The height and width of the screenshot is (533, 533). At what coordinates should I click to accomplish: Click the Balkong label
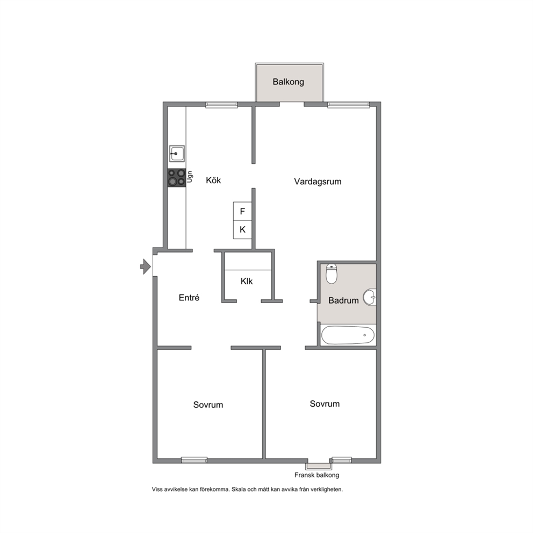pyautogui.click(x=288, y=82)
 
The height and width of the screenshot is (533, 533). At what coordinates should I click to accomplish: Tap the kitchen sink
pyautogui.click(x=177, y=154)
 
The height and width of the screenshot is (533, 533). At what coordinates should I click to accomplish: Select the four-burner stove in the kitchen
pyautogui.click(x=177, y=177)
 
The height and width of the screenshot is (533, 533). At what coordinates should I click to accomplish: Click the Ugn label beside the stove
pyautogui.click(x=190, y=177)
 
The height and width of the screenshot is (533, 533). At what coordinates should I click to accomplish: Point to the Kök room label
pyautogui.click(x=213, y=180)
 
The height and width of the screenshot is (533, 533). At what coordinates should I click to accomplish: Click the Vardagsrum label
pyautogui.click(x=318, y=182)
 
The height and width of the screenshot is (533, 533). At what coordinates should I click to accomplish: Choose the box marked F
pyautogui.click(x=242, y=211)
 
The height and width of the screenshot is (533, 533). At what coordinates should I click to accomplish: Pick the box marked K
pyautogui.click(x=242, y=229)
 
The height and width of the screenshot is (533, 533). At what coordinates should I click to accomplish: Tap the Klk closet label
pyautogui.click(x=247, y=281)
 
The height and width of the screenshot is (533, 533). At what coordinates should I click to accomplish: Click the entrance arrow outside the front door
pyautogui.click(x=146, y=266)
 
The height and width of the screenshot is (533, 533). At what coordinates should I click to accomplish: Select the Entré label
pyautogui.click(x=189, y=298)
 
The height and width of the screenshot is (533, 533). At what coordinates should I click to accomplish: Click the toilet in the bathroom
pyautogui.click(x=332, y=273)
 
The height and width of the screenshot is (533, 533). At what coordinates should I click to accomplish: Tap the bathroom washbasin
pyautogui.click(x=370, y=298)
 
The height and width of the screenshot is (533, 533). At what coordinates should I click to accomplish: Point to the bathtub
pyautogui.click(x=348, y=335)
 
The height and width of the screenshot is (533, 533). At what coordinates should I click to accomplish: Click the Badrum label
pyautogui.click(x=343, y=300)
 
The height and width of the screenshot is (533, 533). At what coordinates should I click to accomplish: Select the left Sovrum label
pyautogui.click(x=208, y=405)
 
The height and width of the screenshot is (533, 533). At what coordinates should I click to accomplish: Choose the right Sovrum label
pyautogui.click(x=325, y=404)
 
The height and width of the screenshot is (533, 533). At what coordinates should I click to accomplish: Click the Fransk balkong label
pyautogui.click(x=317, y=475)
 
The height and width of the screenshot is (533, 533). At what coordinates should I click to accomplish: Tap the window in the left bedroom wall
pyautogui.click(x=194, y=460)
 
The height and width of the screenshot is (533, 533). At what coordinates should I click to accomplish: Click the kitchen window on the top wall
pyautogui.click(x=221, y=105)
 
